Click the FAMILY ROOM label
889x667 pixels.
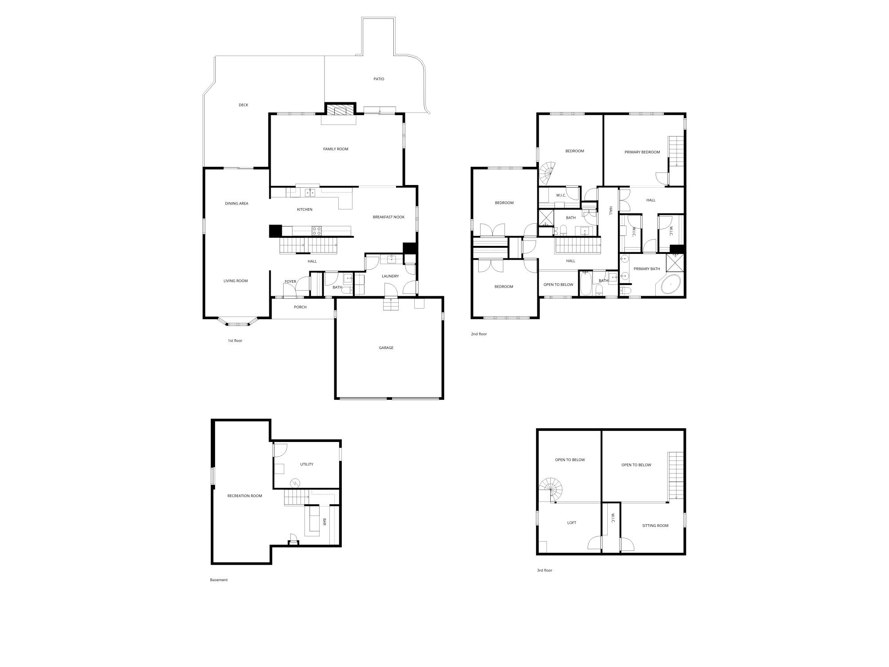pos(336,149)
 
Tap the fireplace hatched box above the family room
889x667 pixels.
pos(340,110)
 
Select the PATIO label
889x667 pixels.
pos(379,79)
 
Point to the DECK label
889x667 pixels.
pos(243,105)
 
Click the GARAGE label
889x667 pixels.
pos(386,348)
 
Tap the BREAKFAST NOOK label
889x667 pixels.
pos(388,217)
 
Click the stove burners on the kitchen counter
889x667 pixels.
pos(317,230)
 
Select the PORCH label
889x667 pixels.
pos(300,307)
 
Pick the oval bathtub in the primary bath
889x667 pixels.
pos(671,284)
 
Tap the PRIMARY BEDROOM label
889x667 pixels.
pos(642,152)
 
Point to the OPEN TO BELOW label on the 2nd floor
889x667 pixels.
pos(558,285)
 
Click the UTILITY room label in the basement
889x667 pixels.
pos(307,464)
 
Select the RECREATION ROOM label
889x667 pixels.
pos(244,496)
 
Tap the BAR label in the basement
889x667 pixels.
pos(324,522)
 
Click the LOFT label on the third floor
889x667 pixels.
pos(572,523)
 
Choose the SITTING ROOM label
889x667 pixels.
pos(655,526)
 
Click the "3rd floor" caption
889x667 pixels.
pos(545,571)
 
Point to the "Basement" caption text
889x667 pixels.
pos(219,580)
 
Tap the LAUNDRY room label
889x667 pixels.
pos(390,276)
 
